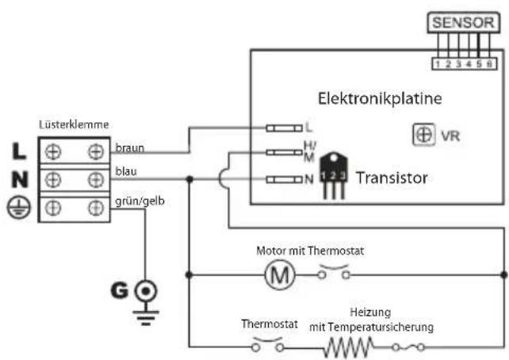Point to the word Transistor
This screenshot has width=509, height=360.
coord(391,178)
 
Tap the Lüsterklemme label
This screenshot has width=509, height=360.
coord(74,125)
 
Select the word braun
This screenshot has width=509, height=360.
coord(129,148)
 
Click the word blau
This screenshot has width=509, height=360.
coord(125,170)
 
